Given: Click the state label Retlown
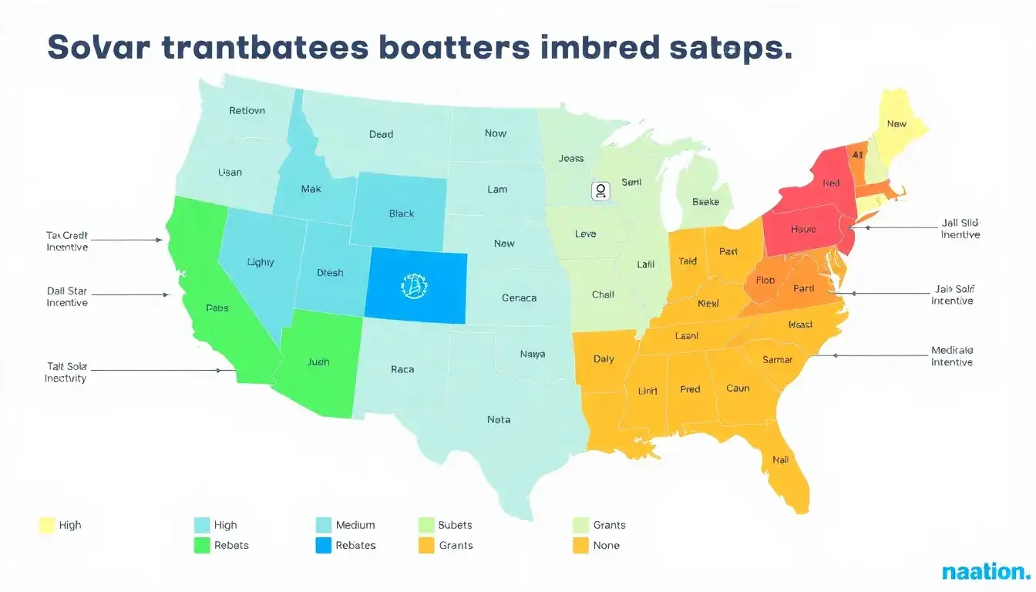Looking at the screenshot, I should [247, 110].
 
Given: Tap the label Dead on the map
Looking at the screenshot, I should [381, 134].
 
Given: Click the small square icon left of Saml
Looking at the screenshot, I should [600, 191].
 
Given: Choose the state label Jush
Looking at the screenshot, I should [318, 362].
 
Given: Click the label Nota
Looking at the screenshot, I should [499, 420].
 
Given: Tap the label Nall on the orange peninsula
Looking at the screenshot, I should [780, 460].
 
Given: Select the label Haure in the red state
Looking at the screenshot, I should [803, 229].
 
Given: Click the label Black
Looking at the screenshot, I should [401, 214].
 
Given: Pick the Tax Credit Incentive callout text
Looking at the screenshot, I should [67, 241].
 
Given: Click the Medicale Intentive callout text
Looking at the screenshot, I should [952, 356].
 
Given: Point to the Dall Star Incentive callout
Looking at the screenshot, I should [67, 297].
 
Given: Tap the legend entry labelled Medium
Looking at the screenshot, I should [355, 525].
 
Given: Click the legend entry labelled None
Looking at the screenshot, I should [606, 545].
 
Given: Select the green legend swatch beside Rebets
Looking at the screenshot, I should [202, 545].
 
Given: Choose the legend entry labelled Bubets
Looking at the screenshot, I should [455, 525].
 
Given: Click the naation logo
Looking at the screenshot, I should [985, 572].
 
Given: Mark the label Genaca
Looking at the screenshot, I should [519, 298].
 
